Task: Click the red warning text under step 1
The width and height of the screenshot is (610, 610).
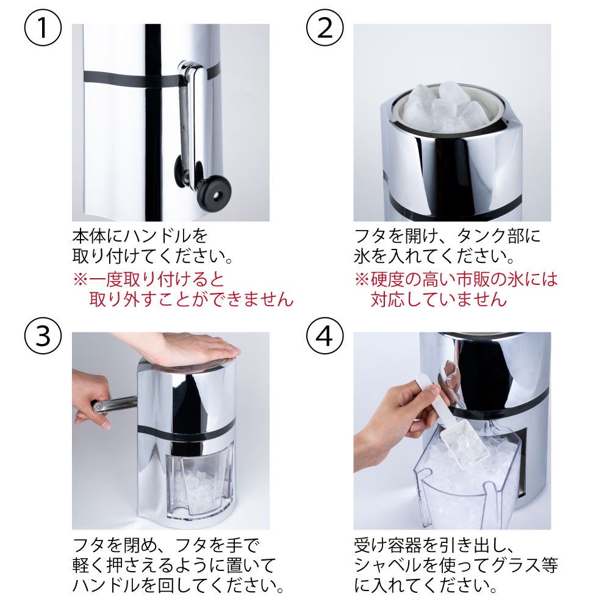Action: pos(183,290)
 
